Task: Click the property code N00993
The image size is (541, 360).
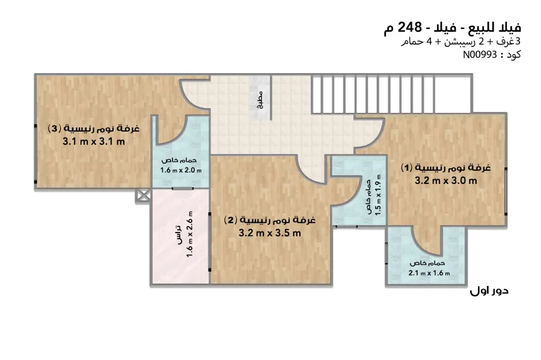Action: point(480,55)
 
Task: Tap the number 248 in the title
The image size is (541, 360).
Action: point(410,27)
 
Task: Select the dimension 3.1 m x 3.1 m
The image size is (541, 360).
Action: point(94,141)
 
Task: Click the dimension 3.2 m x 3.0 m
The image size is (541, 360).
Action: point(446,180)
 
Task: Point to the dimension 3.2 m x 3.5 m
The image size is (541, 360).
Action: point(270,233)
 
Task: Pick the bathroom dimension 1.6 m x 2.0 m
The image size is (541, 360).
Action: point(181,170)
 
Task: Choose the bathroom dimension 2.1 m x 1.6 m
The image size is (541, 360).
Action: point(429,273)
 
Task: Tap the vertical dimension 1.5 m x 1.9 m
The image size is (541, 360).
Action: point(378,195)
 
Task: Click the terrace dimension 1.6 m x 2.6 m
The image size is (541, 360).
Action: point(189,234)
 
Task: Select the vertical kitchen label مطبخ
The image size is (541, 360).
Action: point(260,100)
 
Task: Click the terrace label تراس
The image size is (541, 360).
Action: point(178,235)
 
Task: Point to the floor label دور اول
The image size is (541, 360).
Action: point(489,291)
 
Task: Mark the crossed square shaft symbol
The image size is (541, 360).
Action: point(143,195)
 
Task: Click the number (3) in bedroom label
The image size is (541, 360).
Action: point(54,129)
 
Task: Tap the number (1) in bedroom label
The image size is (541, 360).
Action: point(406,168)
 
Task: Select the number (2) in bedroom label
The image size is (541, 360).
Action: point(230,219)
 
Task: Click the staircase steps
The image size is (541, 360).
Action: point(391,94)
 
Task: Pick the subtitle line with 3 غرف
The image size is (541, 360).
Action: point(460,41)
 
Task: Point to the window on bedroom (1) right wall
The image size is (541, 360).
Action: point(506,191)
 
